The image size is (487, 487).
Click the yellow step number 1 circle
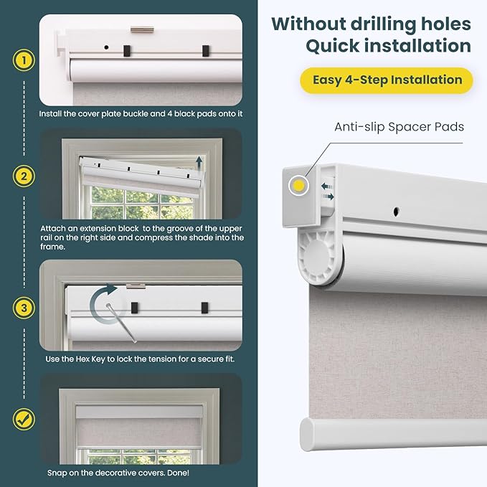pos(24,60)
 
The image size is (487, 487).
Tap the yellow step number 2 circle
pos(24,176)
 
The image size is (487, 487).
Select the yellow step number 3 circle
pos(24,308)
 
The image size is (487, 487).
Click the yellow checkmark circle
pos(24,420)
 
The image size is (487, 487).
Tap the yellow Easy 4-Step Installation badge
pos(387,80)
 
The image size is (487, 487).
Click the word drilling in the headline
pos(384,24)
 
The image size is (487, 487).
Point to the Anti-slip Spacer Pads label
pos(399,127)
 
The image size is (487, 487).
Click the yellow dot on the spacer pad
pos(298,186)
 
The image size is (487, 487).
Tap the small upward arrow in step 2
pos(199,164)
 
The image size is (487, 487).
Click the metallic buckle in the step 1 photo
pos(142,30)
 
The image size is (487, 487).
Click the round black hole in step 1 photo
pos(106,47)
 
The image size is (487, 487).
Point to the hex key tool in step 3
pos(121,323)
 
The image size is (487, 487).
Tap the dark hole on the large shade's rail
pos(396,212)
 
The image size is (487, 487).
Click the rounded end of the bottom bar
pos(308,434)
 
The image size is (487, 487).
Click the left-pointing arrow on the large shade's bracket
pos(327,186)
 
